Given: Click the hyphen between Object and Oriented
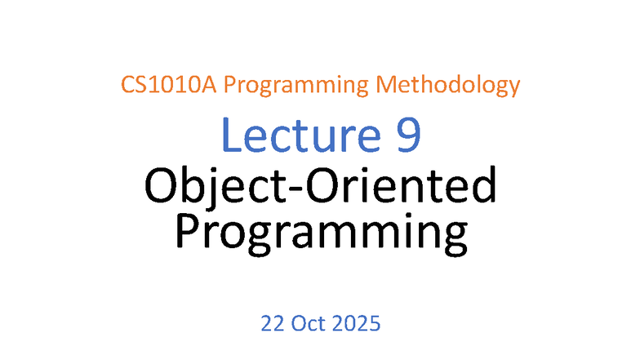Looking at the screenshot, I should click(284, 190).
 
